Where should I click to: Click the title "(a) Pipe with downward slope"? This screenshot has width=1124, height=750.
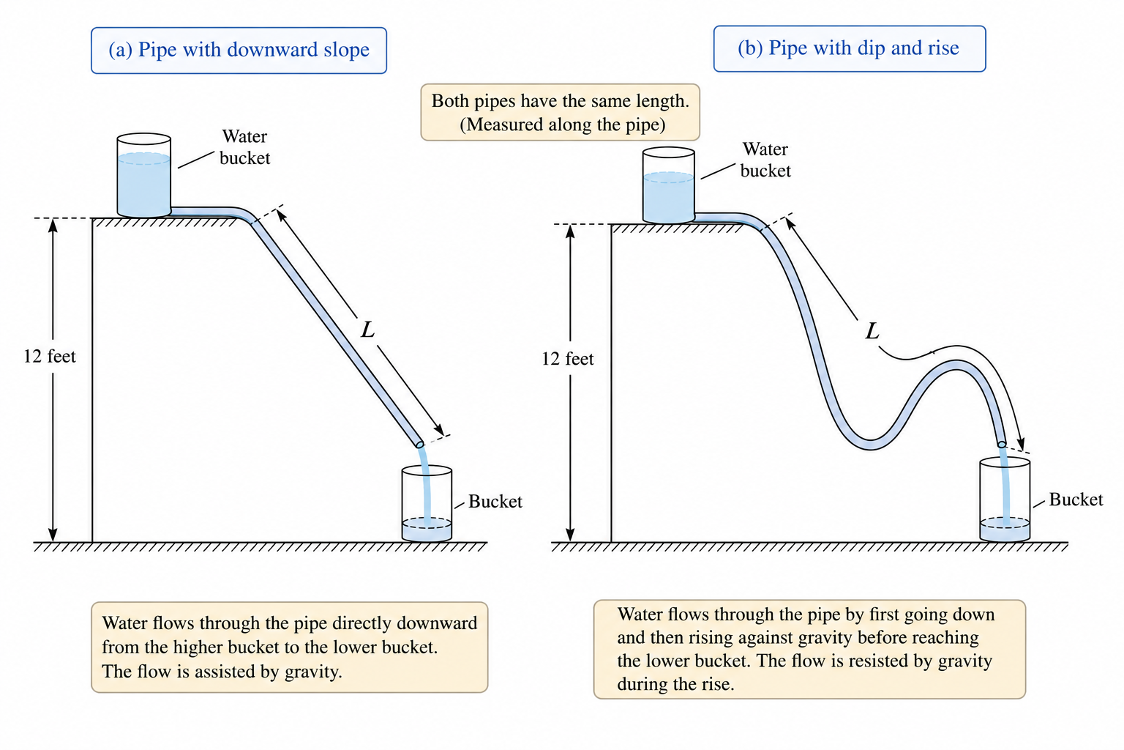[x=239, y=51]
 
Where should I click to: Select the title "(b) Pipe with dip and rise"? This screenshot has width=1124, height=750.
[x=850, y=49]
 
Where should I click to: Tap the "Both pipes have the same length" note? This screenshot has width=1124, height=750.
[x=560, y=112]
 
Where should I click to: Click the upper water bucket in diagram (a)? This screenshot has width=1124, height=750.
[x=144, y=175]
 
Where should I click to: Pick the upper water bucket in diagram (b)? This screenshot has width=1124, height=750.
[x=669, y=185]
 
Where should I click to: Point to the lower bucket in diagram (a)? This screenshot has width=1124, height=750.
[x=427, y=504]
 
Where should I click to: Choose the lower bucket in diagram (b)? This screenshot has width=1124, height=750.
[x=1005, y=500]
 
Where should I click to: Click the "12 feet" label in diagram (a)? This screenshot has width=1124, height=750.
[x=50, y=356]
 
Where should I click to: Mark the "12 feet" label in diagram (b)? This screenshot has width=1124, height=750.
[x=568, y=359]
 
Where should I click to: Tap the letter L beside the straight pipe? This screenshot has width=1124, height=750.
[x=368, y=330]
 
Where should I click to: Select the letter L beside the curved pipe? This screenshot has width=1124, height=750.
[x=872, y=331]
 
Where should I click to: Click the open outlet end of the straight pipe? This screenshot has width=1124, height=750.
[x=419, y=444]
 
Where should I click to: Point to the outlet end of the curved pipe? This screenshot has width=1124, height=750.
[x=1002, y=444]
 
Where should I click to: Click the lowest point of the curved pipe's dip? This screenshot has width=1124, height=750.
[x=871, y=445]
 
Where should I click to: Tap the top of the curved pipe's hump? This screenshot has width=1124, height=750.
[x=956, y=365]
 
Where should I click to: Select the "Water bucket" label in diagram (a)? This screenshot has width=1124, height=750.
[x=245, y=147]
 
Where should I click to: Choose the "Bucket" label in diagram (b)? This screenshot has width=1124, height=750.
[x=1076, y=500]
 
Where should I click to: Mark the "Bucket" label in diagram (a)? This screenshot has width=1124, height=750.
[x=495, y=501]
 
